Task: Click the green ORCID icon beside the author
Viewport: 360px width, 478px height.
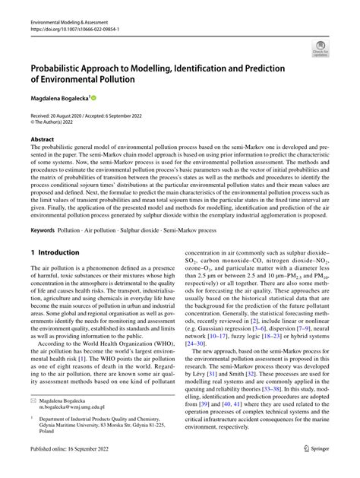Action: coord(94,98)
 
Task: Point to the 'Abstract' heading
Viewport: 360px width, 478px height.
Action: coord(43,140)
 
